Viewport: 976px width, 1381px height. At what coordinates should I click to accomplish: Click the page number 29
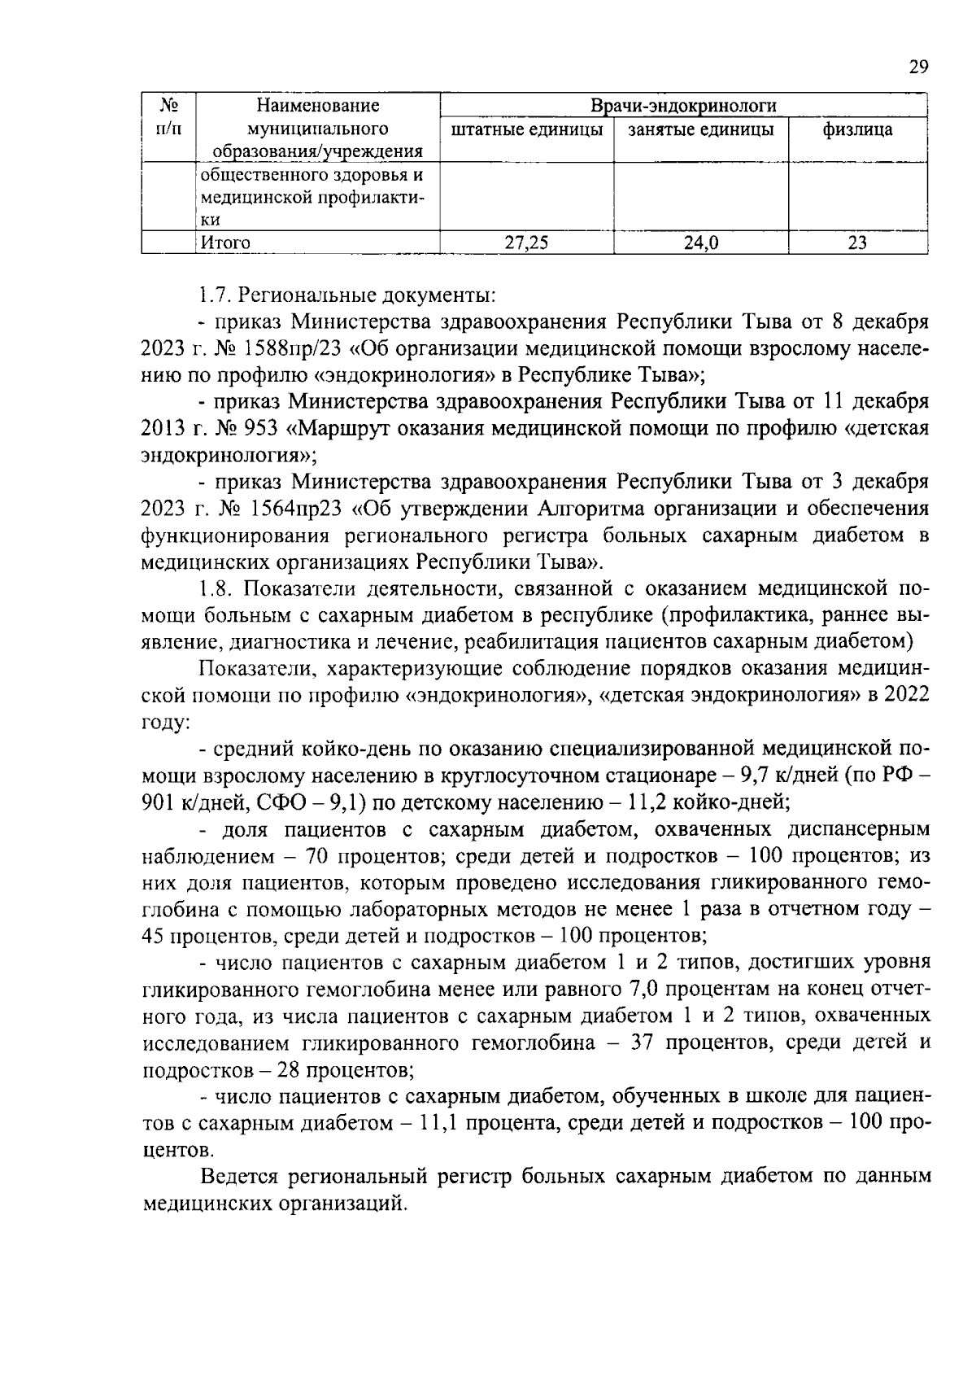click(x=918, y=68)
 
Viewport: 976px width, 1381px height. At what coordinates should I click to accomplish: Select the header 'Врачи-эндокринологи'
click(x=683, y=106)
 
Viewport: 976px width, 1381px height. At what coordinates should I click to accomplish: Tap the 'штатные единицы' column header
click(x=526, y=129)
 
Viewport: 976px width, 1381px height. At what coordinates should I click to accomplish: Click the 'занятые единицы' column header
click(x=701, y=129)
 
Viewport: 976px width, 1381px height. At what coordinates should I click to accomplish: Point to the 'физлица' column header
click(x=857, y=129)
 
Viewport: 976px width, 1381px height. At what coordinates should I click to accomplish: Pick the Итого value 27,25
click(x=525, y=243)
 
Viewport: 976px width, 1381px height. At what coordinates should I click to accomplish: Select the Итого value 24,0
click(x=700, y=243)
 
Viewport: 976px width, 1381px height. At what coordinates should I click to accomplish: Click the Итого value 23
click(x=857, y=243)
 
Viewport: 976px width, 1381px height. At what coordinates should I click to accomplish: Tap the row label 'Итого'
click(x=225, y=243)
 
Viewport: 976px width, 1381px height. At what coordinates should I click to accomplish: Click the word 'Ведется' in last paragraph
click(x=241, y=1176)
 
